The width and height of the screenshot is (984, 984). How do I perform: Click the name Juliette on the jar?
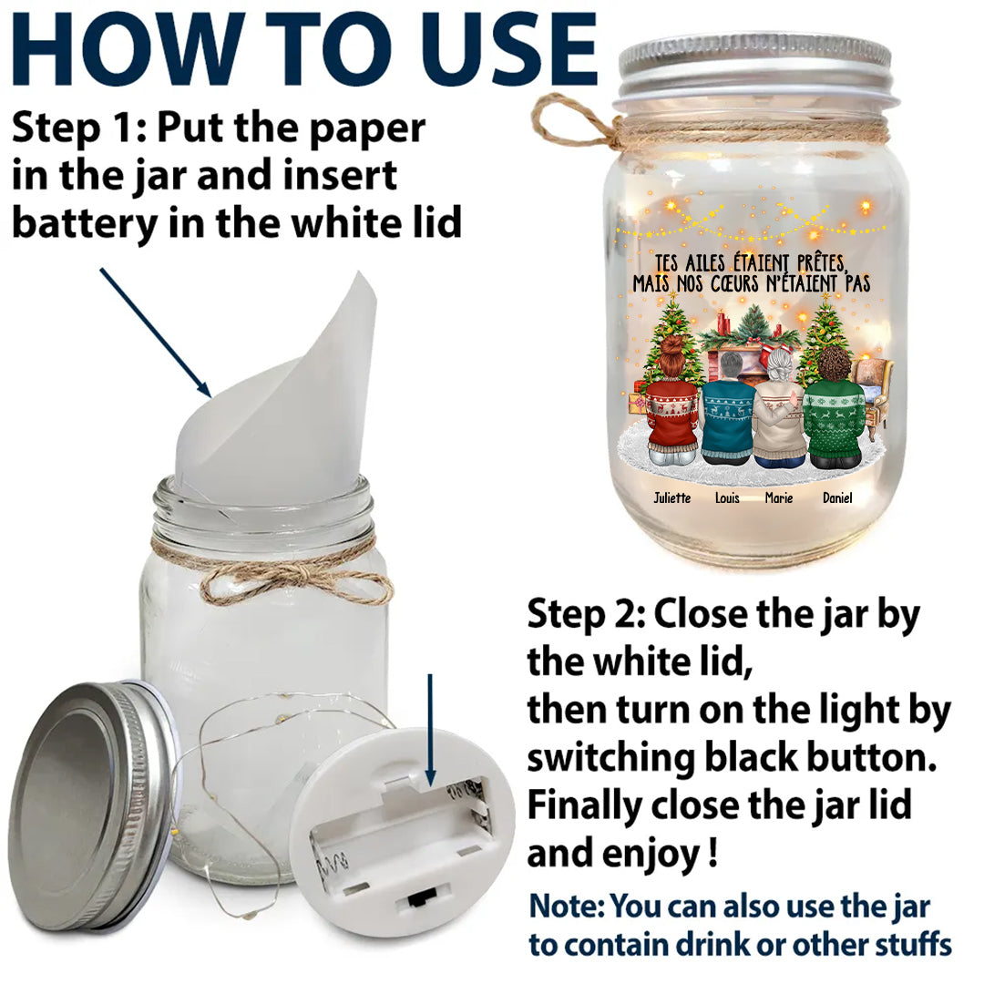[672, 497]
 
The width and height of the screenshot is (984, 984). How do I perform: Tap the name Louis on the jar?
[727, 497]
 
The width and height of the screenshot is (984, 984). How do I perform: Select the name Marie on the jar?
[779, 497]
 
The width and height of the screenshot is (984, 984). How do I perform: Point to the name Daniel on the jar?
[837, 497]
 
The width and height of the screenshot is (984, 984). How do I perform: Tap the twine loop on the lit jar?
[560, 123]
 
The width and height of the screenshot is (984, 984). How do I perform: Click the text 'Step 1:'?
[79, 128]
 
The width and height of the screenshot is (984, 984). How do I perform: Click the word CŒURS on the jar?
[733, 283]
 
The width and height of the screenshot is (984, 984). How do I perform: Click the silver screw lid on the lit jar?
[753, 69]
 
